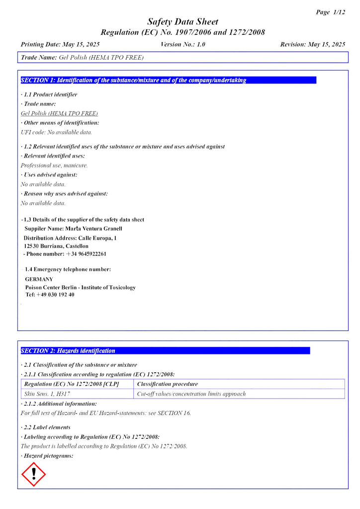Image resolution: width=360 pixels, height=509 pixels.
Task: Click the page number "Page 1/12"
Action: (x=330, y=12)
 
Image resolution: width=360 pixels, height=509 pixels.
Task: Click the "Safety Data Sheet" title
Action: (x=182, y=22)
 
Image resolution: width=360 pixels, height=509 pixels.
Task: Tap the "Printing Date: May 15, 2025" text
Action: (x=60, y=44)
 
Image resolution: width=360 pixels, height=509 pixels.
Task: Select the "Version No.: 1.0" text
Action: (x=183, y=44)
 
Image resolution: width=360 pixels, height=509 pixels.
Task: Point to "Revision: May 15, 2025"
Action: (x=312, y=44)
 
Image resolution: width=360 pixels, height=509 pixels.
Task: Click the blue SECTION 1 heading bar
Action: (x=169, y=80)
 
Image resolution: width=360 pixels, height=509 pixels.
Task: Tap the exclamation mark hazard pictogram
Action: (x=34, y=474)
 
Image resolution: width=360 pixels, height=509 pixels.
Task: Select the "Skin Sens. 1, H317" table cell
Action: (x=46, y=394)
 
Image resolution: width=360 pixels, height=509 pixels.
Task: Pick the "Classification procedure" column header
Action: (x=167, y=384)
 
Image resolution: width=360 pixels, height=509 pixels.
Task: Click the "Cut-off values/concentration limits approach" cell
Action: (x=191, y=394)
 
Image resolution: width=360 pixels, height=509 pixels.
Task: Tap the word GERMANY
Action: (x=39, y=279)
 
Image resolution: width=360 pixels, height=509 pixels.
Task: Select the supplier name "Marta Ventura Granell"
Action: (x=93, y=229)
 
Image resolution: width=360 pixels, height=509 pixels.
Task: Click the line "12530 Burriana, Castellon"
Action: (x=56, y=246)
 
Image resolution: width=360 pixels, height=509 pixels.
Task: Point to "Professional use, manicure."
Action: (x=54, y=165)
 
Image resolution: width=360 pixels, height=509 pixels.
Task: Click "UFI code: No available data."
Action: (x=56, y=132)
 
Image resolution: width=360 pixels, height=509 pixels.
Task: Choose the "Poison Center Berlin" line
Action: (x=80, y=287)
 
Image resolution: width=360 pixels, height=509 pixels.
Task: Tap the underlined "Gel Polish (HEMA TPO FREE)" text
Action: (x=59, y=113)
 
